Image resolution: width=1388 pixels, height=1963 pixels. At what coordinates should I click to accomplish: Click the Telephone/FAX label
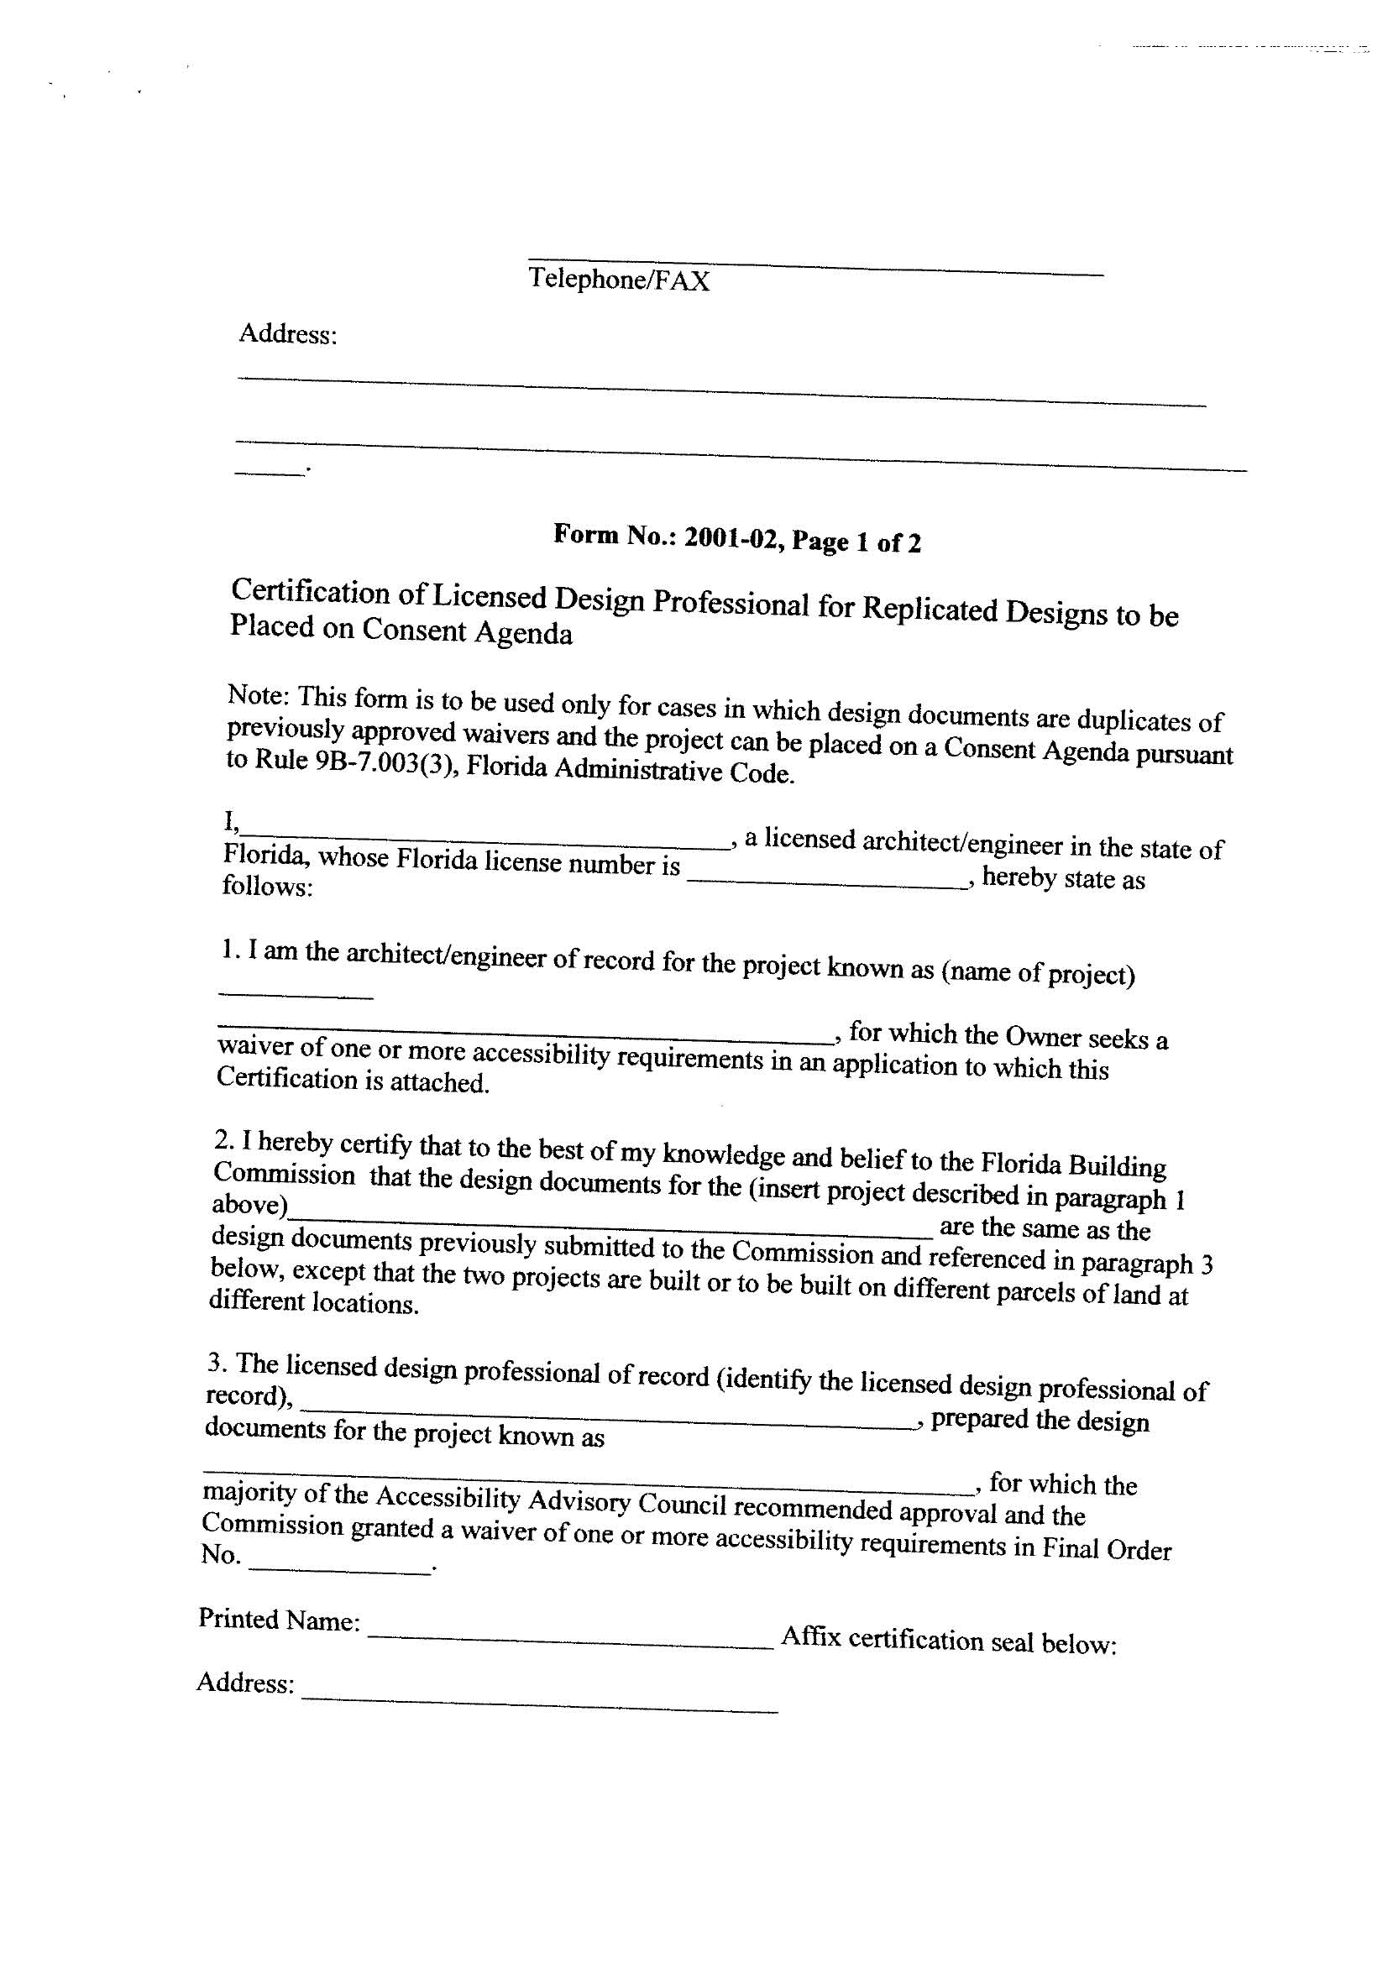tap(618, 280)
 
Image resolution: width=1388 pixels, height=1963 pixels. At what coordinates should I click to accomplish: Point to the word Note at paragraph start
tap(255, 695)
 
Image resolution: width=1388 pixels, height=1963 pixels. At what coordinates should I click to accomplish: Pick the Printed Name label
tap(278, 1620)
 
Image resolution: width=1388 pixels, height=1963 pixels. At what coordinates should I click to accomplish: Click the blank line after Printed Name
tap(570, 1642)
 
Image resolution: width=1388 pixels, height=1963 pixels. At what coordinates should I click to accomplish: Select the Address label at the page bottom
tap(246, 1683)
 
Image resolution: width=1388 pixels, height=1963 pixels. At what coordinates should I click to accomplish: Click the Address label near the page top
tap(287, 333)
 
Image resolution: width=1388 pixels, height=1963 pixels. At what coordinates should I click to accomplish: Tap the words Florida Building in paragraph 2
tap(1073, 1165)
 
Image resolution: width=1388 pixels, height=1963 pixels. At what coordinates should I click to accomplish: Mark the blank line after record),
tap(607, 1414)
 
